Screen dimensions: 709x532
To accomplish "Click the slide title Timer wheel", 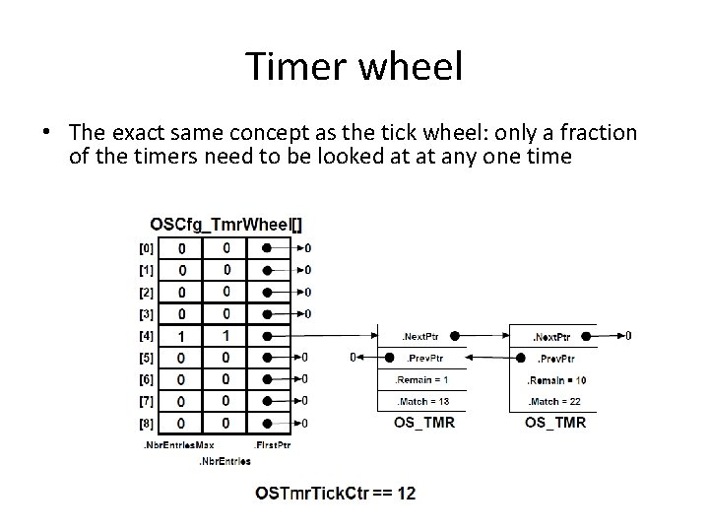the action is pos(354,67).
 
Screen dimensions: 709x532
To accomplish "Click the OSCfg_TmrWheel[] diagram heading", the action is pos(226,224).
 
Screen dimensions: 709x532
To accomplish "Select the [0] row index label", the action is pos(146,248).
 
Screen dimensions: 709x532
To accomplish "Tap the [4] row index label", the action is pos(146,336).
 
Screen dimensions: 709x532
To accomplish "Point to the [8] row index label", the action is pos(146,423).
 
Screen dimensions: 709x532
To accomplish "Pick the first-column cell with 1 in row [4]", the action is pos(181,336).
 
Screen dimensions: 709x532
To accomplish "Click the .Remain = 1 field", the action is pos(421,379).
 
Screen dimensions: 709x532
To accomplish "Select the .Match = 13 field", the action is pos(421,401).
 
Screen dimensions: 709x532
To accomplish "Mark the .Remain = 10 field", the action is pos(555,379).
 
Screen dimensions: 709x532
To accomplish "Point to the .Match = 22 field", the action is pos(555,401).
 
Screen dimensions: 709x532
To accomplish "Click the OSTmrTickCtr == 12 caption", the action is pos(335,493).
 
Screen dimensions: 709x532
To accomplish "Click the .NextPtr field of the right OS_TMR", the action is pos(555,336).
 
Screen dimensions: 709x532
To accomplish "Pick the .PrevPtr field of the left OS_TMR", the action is pos(421,358).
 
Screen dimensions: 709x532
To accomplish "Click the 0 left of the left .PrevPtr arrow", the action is pos(354,358).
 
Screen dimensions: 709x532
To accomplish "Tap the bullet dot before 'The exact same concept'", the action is pos(45,133).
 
